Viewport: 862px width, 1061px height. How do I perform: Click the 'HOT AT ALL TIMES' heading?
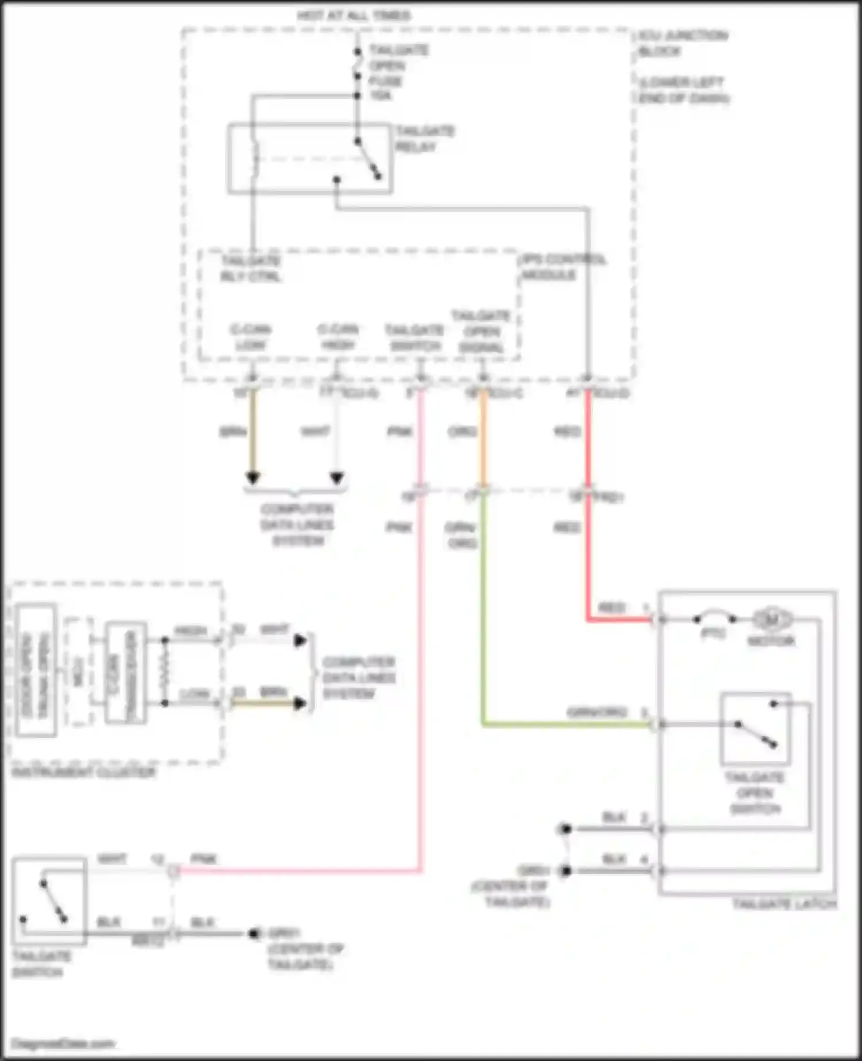coord(354,16)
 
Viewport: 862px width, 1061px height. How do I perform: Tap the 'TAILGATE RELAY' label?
coord(424,139)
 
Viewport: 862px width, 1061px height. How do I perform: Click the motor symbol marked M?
coord(772,620)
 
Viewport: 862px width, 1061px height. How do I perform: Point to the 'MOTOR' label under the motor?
coord(771,641)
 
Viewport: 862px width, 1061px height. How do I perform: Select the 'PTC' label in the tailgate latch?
coord(713,633)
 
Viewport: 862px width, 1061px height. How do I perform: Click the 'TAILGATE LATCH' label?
coord(784,904)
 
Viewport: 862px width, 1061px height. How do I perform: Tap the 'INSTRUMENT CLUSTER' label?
coord(84,772)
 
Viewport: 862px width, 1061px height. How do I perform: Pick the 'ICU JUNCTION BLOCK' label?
coord(682,43)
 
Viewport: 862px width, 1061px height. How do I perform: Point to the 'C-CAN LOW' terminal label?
coord(251,337)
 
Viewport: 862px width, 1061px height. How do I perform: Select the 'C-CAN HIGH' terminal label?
coord(338,337)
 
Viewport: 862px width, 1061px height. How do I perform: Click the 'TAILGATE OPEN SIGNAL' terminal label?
coord(482,332)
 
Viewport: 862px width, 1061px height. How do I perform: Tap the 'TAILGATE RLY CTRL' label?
coord(251,268)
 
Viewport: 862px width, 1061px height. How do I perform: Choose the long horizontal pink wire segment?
coord(299,871)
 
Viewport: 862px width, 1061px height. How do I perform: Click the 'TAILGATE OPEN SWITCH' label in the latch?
coord(755,793)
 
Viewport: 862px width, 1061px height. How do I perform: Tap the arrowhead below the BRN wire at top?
coord(253,478)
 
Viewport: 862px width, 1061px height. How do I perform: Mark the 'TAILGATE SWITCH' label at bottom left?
coord(41,964)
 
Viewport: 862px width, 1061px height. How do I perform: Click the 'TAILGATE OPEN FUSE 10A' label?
coord(397,72)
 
